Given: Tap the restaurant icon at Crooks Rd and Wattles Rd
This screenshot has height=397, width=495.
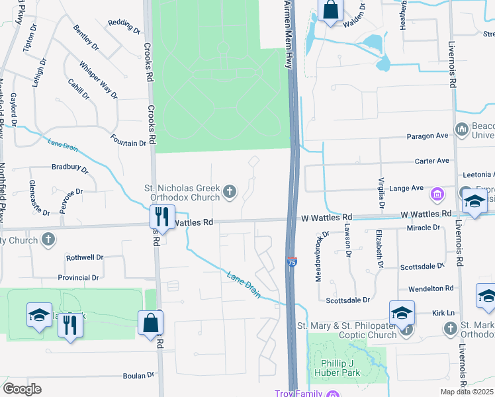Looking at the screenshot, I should coord(161,216).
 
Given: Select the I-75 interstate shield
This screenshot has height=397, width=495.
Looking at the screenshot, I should coord(292,262).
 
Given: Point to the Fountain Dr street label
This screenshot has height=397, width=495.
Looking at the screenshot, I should coord(128,143).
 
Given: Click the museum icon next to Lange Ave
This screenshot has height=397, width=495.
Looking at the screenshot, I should coord(437,195).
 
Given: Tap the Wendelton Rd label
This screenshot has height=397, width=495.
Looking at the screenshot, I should coord(431,288).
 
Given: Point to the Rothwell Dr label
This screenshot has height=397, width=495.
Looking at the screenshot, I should coord(85,257).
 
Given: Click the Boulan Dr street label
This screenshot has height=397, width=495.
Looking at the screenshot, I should coord(138,375).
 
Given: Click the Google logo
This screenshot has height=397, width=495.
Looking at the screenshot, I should coord(22,388).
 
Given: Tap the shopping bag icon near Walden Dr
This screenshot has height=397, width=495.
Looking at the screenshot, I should coord(330,11).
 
